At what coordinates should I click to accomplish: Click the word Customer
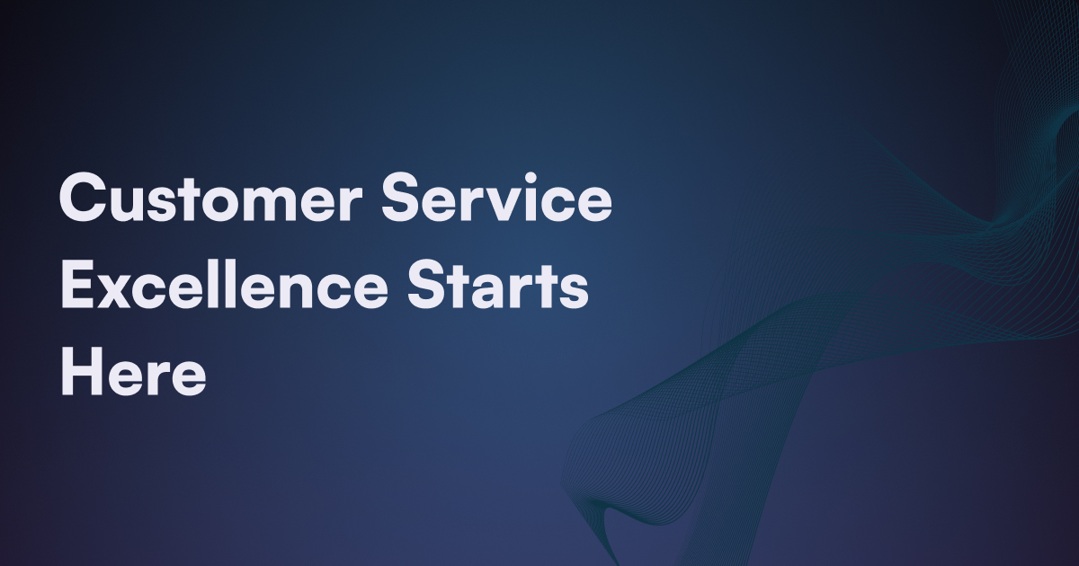(210, 198)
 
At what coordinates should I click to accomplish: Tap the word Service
(496, 198)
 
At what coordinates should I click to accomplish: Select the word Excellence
(225, 284)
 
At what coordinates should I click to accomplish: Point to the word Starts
(497, 284)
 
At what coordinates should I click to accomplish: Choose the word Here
(133, 372)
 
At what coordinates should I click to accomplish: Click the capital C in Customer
(82, 198)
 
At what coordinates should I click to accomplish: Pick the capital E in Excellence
(77, 284)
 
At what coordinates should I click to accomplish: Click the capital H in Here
(84, 372)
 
